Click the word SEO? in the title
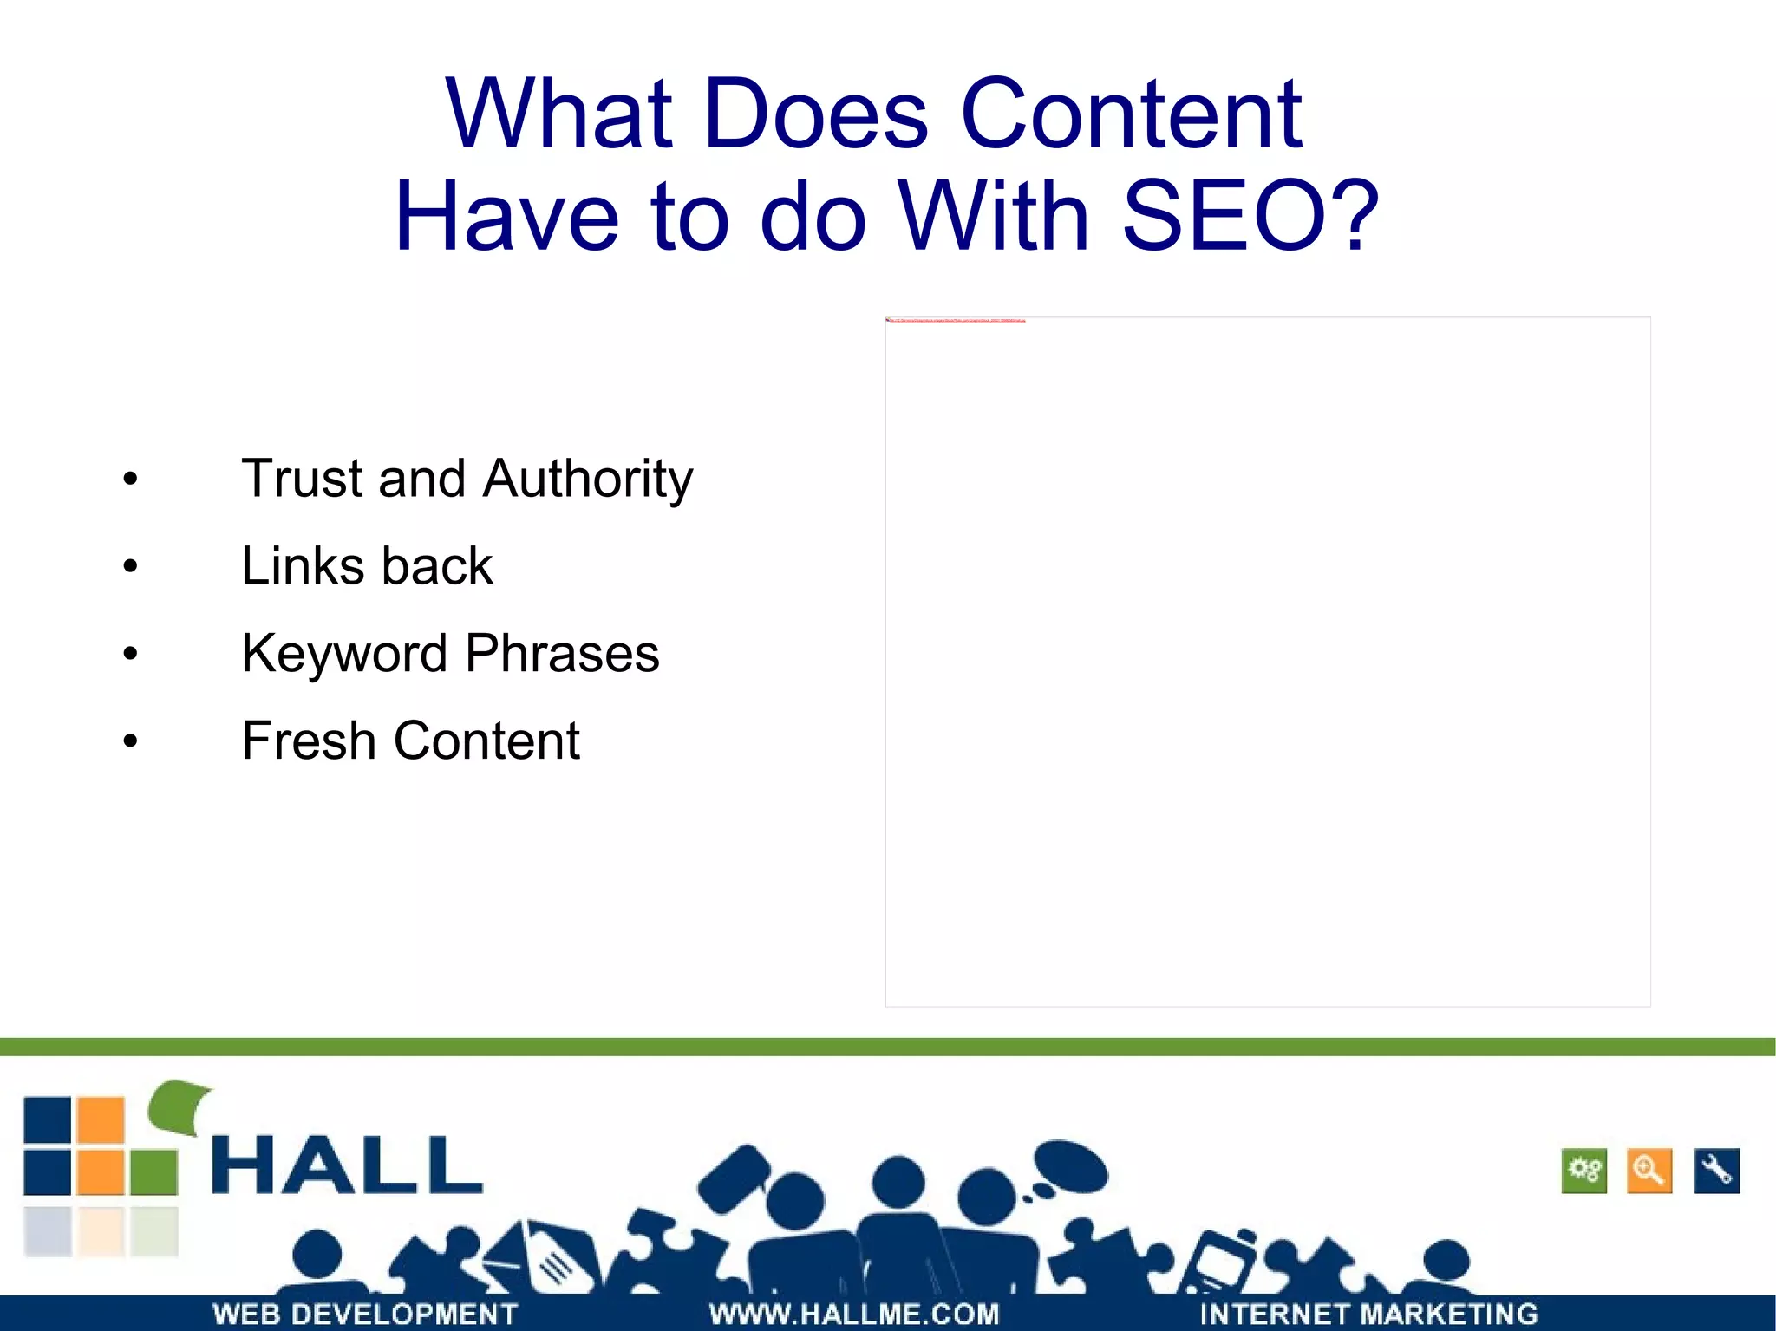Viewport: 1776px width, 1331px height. [x=1249, y=217]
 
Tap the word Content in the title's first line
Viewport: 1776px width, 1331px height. [x=1132, y=114]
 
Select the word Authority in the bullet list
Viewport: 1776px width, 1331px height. [x=587, y=479]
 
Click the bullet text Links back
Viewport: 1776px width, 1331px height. [x=367, y=566]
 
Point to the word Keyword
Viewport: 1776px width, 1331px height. [x=343, y=654]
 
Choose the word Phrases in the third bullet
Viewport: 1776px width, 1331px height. [x=562, y=654]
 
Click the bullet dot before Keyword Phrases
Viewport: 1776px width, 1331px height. [x=130, y=654]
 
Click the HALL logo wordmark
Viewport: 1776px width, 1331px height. [x=347, y=1165]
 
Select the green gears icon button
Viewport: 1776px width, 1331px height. [x=1583, y=1171]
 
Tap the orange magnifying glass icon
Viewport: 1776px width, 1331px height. [x=1649, y=1171]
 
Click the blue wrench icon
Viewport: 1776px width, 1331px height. [x=1716, y=1171]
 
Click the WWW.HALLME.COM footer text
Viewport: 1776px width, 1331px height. [x=854, y=1314]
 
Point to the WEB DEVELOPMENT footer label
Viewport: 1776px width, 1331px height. [x=365, y=1314]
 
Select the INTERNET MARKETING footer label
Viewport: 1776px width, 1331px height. [x=1368, y=1314]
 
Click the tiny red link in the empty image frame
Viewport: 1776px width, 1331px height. [x=955, y=320]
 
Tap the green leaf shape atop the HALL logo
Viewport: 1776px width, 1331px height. [x=180, y=1106]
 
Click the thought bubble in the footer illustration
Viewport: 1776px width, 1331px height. [x=1071, y=1167]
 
